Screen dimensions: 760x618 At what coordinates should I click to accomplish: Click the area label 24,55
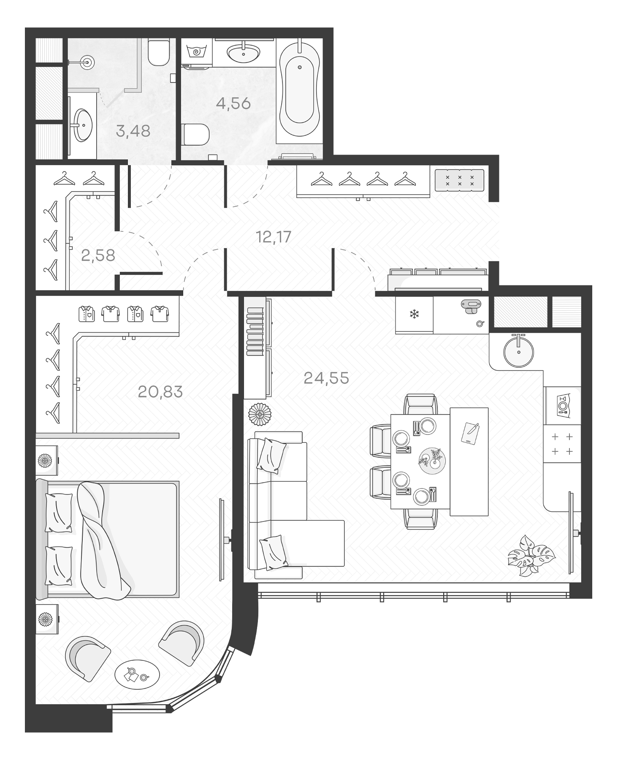pyautogui.click(x=326, y=378)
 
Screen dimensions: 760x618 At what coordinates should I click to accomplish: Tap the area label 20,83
pyautogui.click(x=160, y=392)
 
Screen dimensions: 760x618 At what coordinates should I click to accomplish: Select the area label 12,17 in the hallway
pyautogui.click(x=274, y=237)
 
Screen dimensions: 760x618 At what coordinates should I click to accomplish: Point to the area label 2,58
pyautogui.click(x=98, y=255)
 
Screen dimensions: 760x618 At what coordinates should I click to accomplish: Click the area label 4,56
pyautogui.click(x=233, y=103)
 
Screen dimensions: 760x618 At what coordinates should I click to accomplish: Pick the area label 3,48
pyautogui.click(x=133, y=131)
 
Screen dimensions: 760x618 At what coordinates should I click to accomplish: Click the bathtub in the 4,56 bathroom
pyautogui.click(x=300, y=90)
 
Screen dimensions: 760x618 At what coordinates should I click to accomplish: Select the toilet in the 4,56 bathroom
pyautogui.click(x=197, y=134)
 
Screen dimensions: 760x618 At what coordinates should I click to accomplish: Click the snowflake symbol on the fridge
pyautogui.click(x=414, y=314)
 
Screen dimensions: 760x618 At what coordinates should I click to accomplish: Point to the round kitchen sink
pyautogui.click(x=518, y=351)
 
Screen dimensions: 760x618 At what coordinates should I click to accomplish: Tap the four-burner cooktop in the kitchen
pyautogui.click(x=562, y=444)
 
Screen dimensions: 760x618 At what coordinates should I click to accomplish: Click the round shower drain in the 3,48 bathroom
pyautogui.click(x=88, y=62)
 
